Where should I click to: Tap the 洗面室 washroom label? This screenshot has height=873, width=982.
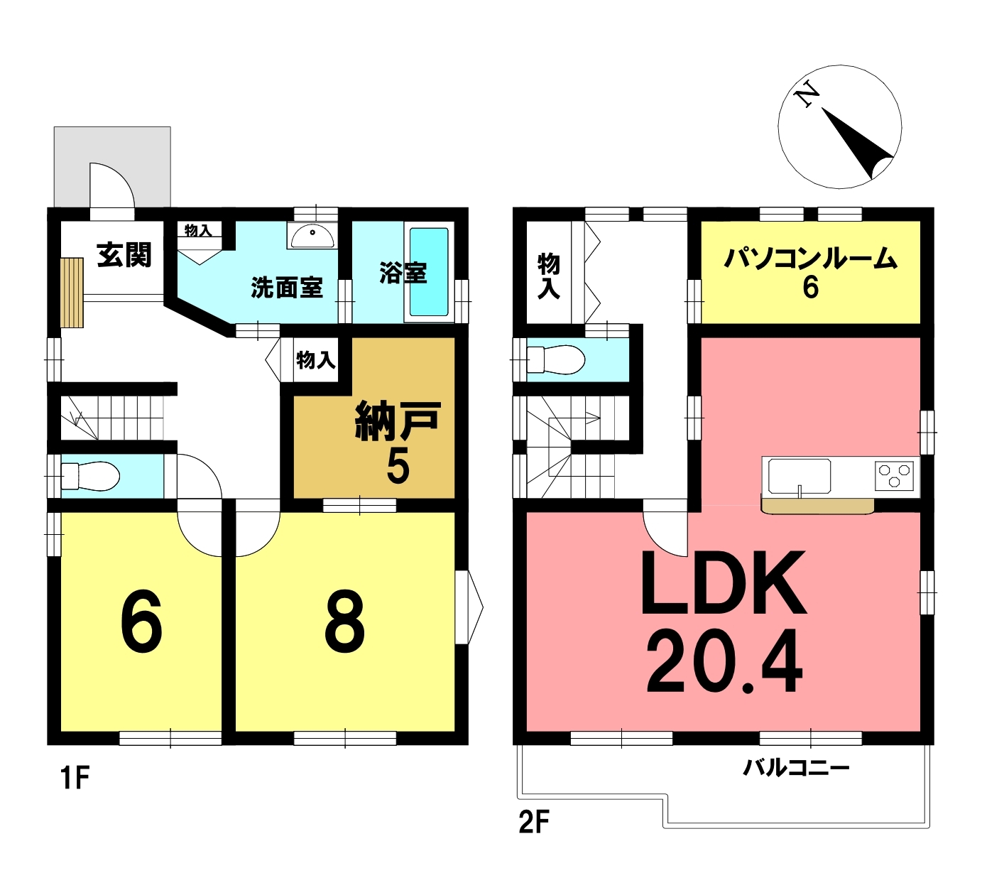[286, 288]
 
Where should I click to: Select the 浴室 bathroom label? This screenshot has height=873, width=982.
[403, 273]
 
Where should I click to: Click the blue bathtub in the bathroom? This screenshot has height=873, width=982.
[429, 272]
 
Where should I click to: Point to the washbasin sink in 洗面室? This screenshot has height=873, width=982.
[311, 237]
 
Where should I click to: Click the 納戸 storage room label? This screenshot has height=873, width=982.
[398, 421]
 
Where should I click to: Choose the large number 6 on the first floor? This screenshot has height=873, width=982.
[141, 622]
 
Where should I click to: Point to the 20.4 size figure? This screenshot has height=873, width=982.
[724, 661]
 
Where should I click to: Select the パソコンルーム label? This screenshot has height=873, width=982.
[810, 259]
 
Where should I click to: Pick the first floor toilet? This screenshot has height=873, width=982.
[90, 476]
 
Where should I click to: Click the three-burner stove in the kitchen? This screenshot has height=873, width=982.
[894, 475]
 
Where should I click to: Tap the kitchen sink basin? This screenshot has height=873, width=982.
[800, 476]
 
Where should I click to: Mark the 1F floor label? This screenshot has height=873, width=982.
[75, 779]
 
